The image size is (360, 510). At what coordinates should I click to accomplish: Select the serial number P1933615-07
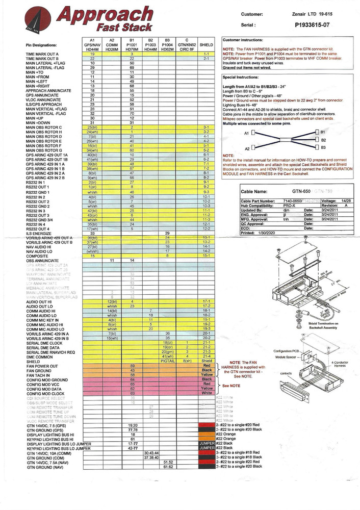coord(315,24)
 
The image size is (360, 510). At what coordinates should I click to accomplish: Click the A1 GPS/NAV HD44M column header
coord(92,43)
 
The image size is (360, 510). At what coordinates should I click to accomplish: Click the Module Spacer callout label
coord(287,358)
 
